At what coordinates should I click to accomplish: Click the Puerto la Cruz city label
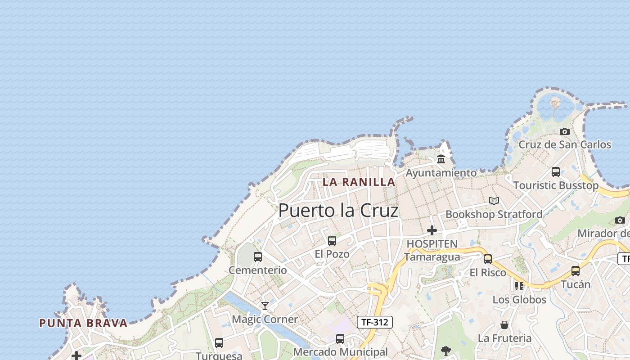pyautogui.click(x=338, y=211)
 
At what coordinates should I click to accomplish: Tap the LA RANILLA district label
pyautogui.click(x=359, y=182)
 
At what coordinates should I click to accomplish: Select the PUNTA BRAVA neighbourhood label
pyautogui.click(x=83, y=323)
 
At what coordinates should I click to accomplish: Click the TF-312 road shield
pyautogui.click(x=375, y=322)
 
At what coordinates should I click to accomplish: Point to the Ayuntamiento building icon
pyautogui.click(x=441, y=159)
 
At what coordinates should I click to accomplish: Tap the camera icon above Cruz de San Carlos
pyautogui.click(x=565, y=131)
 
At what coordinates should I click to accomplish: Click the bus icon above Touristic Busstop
pyautogui.click(x=556, y=171)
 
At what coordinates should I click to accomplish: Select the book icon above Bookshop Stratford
pyautogui.click(x=494, y=201)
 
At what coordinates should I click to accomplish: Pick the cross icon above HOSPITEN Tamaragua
pyautogui.click(x=432, y=230)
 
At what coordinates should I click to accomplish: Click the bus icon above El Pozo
pyautogui.click(x=332, y=241)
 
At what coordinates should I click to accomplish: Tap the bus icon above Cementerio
pyautogui.click(x=258, y=257)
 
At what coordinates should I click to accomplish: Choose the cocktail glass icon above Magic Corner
pyautogui.click(x=265, y=306)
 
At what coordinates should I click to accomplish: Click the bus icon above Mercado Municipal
pyautogui.click(x=340, y=339)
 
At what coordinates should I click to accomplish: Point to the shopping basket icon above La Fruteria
pyautogui.click(x=504, y=325)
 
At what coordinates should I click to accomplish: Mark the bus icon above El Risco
pyautogui.click(x=488, y=259)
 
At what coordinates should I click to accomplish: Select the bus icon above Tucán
pyautogui.click(x=576, y=271)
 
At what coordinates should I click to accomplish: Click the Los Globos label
pyautogui.click(x=519, y=300)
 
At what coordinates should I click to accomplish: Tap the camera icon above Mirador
pyautogui.click(x=620, y=220)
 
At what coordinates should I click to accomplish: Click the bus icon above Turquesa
pyautogui.click(x=219, y=343)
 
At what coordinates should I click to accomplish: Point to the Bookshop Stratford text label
pyautogui.click(x=494, y=214)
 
